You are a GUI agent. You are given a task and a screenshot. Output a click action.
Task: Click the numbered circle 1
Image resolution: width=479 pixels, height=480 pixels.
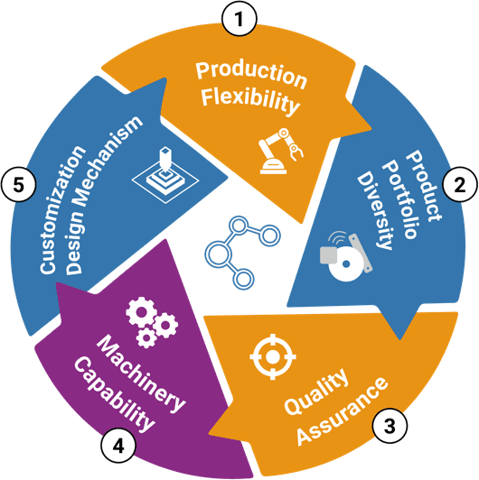(239, 18)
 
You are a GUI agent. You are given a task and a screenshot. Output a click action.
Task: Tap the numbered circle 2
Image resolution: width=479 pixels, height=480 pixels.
(460, 185)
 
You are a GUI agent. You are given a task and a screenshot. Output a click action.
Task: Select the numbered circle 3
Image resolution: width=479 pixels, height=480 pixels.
(390, 425)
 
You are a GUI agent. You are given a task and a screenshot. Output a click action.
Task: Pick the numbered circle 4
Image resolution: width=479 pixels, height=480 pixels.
(118, 446)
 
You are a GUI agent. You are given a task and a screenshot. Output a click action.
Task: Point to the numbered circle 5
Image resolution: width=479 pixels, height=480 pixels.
(19, 185)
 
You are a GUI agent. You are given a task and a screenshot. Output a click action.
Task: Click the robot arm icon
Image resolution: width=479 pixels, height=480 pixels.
(280, 151)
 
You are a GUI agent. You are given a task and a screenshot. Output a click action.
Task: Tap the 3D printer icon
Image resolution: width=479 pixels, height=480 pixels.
(165, 175)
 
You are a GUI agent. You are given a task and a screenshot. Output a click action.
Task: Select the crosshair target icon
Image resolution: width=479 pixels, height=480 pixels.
(273, 356)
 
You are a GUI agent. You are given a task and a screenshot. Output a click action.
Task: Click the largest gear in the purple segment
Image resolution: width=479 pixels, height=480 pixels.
(141, 311)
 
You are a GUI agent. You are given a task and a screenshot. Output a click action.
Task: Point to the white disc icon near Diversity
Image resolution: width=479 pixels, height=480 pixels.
(345, 263)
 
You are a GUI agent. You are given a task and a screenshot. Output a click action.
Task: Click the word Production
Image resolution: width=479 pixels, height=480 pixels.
(251, 74)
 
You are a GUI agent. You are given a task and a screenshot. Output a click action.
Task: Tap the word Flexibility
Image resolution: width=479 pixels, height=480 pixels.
(250, 100)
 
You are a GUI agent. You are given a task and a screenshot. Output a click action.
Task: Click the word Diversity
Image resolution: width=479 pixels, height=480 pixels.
(375, 210)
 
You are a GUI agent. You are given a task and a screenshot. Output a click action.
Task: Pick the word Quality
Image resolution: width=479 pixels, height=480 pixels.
(315, 392)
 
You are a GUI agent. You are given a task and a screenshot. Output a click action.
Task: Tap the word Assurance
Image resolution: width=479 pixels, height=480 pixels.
(342, 411)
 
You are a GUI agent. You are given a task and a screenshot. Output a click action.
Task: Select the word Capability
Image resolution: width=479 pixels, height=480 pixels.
(115, 394)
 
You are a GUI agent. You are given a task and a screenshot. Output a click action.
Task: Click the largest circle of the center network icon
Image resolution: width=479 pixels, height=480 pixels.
(218, 254)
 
